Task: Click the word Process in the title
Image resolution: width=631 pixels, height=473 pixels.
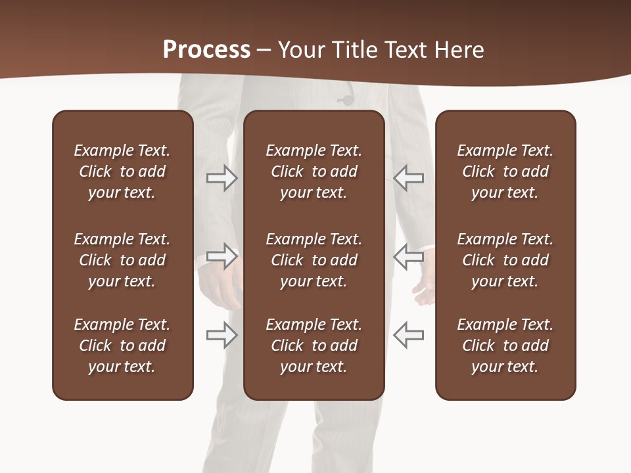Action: pyautogui.click(x=206, y=49)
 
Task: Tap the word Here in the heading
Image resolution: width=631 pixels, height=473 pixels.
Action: pyautogui.click(x=458, y=49)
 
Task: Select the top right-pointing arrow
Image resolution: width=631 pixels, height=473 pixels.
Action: pyautogui.click(x=222, y=178)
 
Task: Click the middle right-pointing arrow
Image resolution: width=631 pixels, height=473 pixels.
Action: pyautogui.click(x=222, y=256)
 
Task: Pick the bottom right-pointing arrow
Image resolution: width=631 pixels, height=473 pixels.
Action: pyautogui.click(x=222, y=334)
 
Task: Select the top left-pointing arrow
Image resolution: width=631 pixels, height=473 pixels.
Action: pyautogui.click(x=408, y=178)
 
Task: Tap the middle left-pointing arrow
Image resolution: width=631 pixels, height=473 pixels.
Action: pyautogui.click(x=408, y=256)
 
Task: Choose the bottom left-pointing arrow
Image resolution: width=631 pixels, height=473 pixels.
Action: pyautogui.click(x=408, y=334)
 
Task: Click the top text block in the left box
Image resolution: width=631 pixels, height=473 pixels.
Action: pyautogui.click(x=122, y=171)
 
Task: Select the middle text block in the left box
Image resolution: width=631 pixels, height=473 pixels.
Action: pyautogui.click(x=122, y=260)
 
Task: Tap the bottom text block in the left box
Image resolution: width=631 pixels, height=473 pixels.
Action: pyautogui.click(x=122, y=346)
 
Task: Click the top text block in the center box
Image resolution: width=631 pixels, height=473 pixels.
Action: pyautogui.click(x=314, y=171)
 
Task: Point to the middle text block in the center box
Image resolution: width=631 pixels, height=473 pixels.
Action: pyautogui.click(x=314, y=260)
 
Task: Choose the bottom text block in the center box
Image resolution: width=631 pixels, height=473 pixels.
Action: pyautogui.click(x=314, y=346)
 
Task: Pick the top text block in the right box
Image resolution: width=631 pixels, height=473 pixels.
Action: pyautogui.click(x=505, y=171)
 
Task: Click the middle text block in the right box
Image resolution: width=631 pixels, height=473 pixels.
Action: pyautogui.click(x=505, y=260)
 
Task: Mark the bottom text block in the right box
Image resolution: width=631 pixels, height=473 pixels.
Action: pyautogui.click(x=505, y=346)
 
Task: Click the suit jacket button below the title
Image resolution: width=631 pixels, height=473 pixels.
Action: pyautogui.click(x=344, y=100)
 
